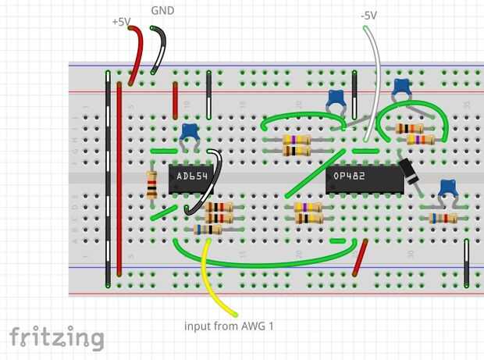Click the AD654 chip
tap(190, 176)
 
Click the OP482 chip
tap(363, 176)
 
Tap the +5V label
tap(121, 23)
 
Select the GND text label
tap(162, 11)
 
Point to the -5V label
tap(369, 15)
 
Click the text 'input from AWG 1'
tap(229, 325)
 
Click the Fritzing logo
tap(56, 337)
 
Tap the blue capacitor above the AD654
tap(189, 133)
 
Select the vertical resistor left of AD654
tap(151, 184)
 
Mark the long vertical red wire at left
tap(119, 180)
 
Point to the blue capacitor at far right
tap(447, 187)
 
